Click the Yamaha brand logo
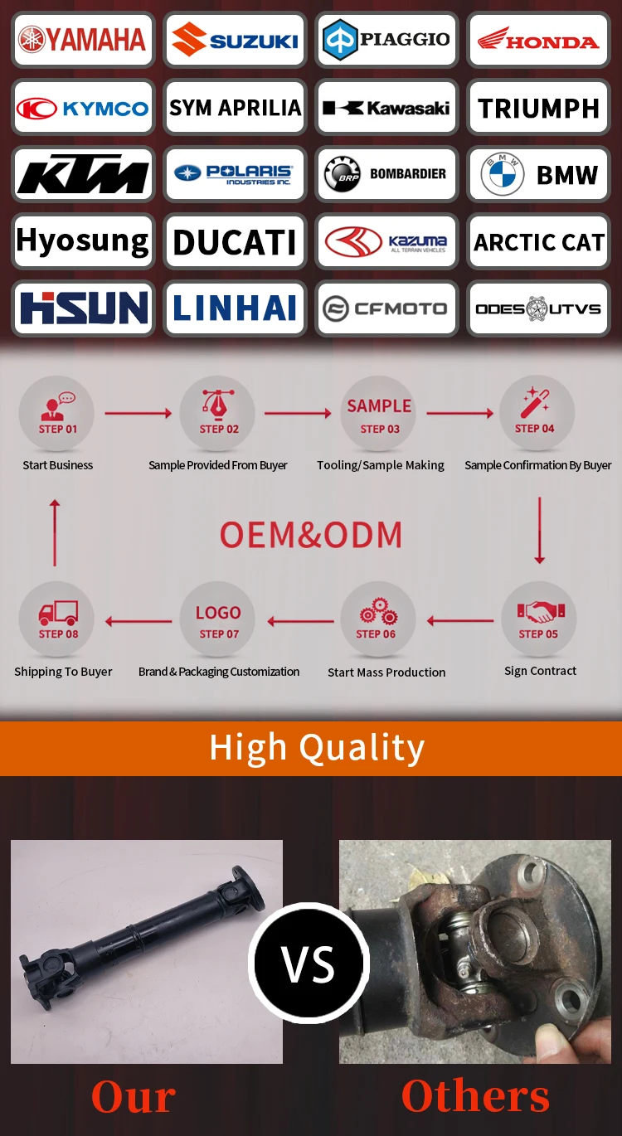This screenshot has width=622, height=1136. click(x=83, y=40)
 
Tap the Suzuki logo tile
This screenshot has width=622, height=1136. click(x=235, y=40)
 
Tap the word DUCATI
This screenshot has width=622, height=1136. click(x=235, y=243)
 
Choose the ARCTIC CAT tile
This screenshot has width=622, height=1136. click(x=538, y=243)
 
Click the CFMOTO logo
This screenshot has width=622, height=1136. click(x=386, y=309)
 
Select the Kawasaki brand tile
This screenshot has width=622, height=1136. click(x=386, y=108)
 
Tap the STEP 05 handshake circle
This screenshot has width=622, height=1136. click(x=539, y=619)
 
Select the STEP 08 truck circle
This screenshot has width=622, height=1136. click(x=57, y=619)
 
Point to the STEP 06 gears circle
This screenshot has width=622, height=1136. click(x=377, y=619)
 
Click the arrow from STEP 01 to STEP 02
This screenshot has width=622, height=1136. click(x=138, y=413)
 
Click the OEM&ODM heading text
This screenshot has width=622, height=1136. click(x=311, y=535)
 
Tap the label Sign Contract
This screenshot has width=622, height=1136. click(x=540, y=671)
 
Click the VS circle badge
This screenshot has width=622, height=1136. click(x=309, y=964)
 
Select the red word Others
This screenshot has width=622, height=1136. click(x=475, y=1096)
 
